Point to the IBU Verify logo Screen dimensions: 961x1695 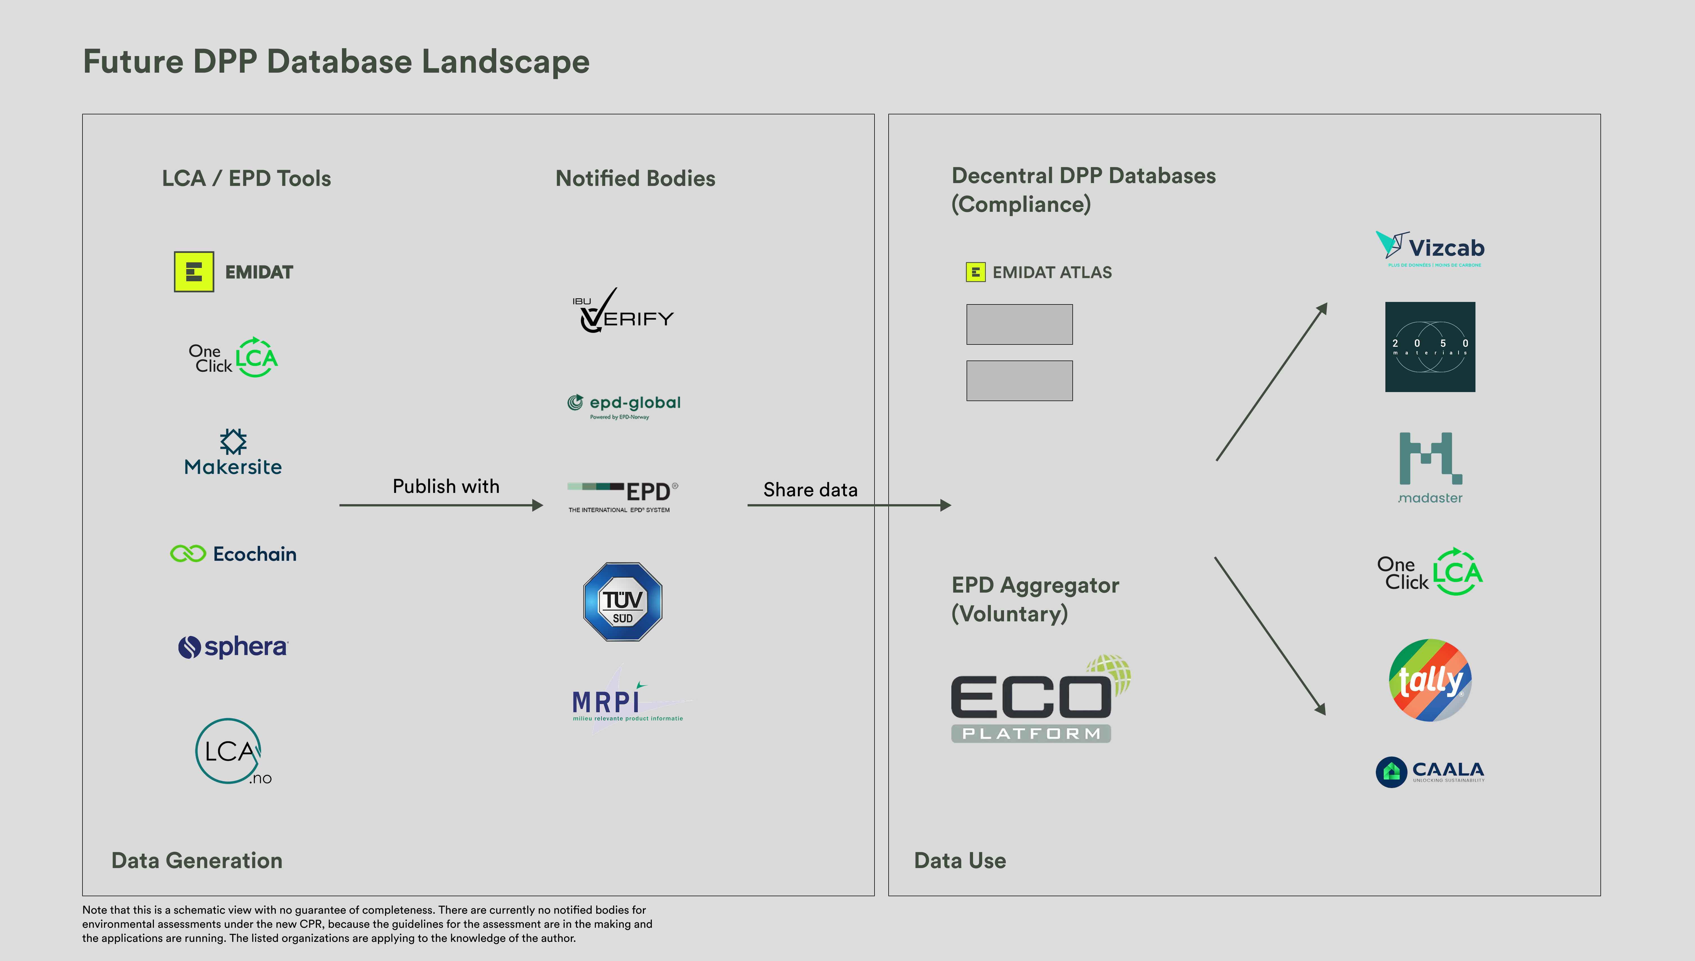tap(623, 312)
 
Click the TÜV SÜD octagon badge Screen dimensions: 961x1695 tap(623, 601)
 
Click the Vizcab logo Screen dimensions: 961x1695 tap(1430, 249)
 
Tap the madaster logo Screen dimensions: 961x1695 tap(1430, 467)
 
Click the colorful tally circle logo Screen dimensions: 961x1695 tap(1430, 680)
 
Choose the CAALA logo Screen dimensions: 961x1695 tap(1430, 771)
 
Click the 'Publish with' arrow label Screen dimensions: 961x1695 tap(446, 486)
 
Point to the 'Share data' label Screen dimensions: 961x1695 tap(810, 490)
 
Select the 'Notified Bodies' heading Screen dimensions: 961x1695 tap(635, 178)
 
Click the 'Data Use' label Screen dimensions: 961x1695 tap(960, 861)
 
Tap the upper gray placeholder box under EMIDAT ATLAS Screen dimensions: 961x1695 tap(1019, 324)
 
